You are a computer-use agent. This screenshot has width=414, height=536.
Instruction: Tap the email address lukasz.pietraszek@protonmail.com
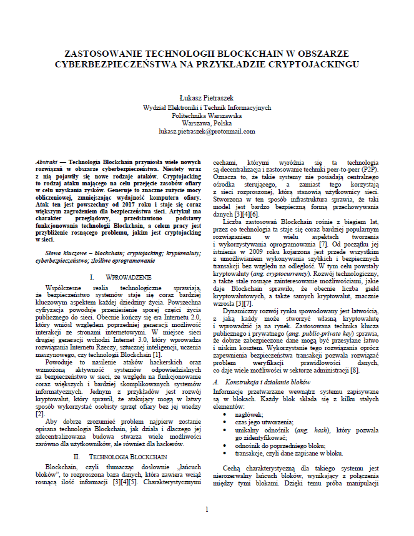(206, 132)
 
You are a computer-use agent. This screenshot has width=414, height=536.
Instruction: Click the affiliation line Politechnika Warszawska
(206, 115)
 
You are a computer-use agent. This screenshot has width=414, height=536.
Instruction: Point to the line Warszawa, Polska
(206, 124)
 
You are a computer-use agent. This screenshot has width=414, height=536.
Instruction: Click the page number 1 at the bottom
(207, 509)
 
